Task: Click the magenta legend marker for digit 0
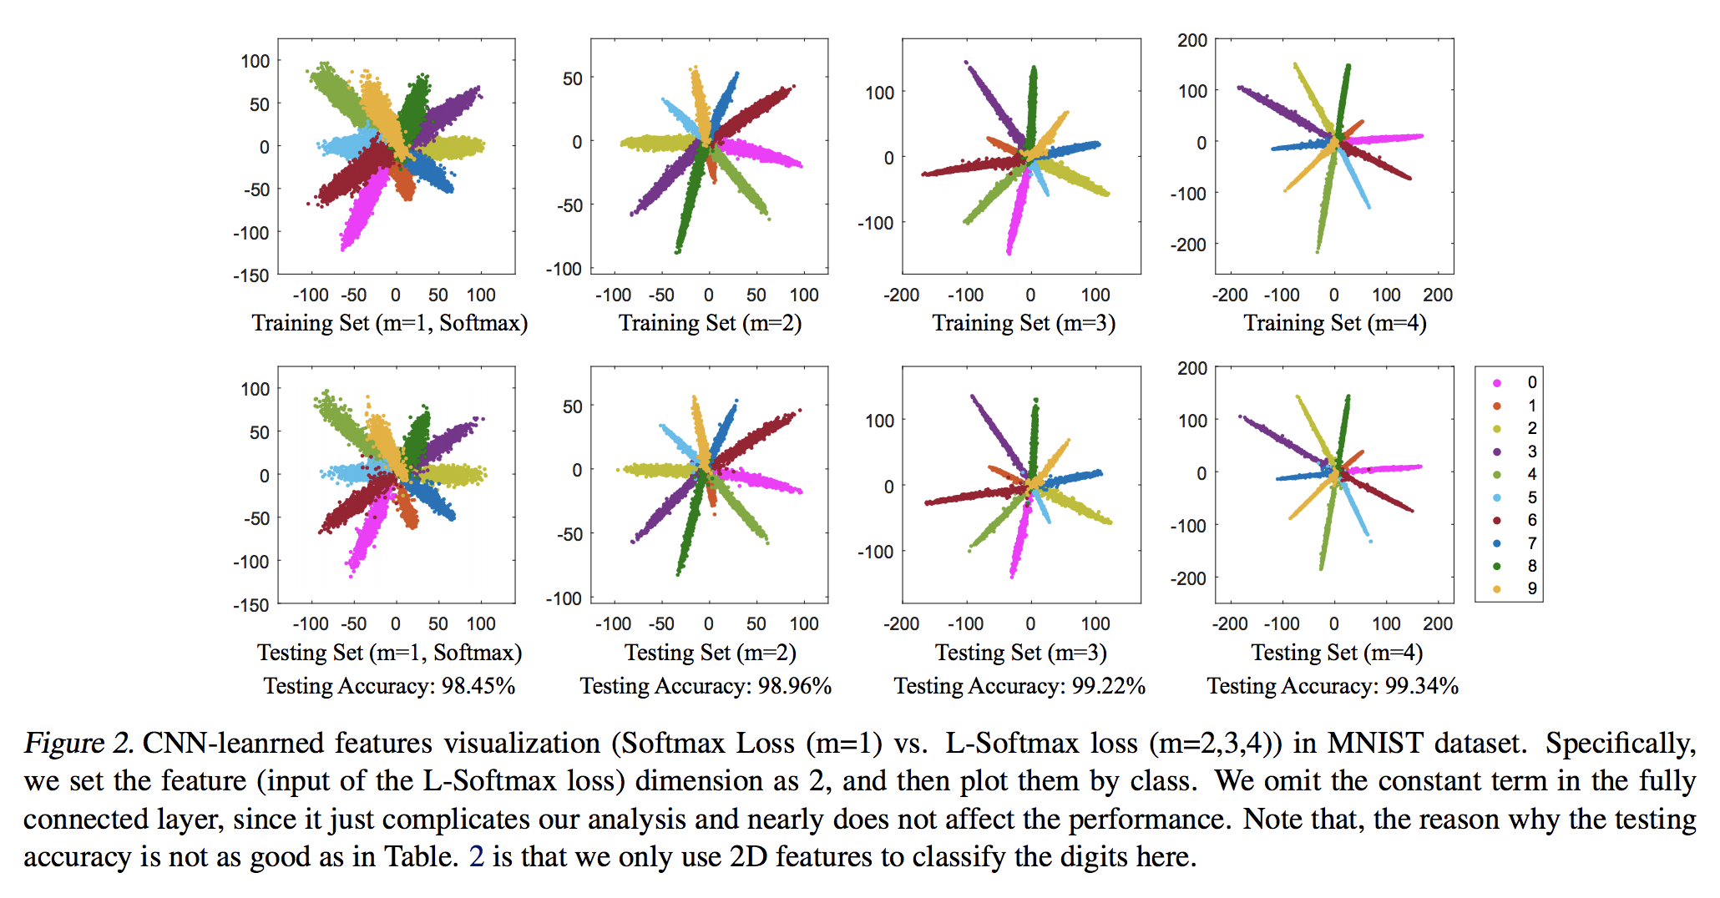coord(1497,383)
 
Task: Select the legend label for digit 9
coord(1532,588)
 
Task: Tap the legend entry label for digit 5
coord(1532,497)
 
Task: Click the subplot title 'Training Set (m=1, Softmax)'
coord(390,323)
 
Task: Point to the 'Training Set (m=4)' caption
coord(1335,323)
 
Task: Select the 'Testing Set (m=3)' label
coord(1020,652)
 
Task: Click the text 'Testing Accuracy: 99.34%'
coord(1333,686)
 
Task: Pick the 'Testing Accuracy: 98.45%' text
coord(389,686)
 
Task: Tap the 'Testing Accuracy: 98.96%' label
coord(706,686)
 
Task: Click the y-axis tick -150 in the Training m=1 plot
coord(251,275)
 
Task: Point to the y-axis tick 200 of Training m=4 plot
coord(1192,40)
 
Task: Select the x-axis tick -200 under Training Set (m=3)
coord(902,295)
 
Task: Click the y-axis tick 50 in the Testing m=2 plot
coord(572,406)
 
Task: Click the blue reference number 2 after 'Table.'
coord(477,857)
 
